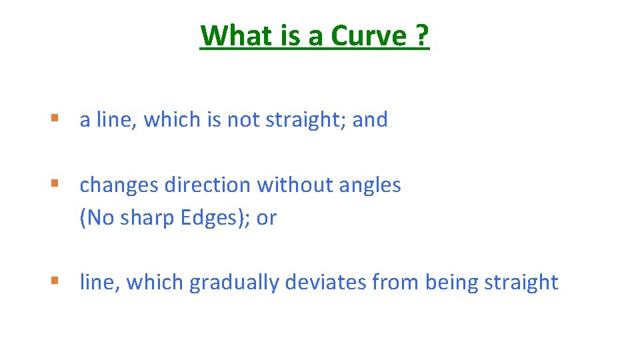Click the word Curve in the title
point(369,35)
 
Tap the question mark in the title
point(422,35)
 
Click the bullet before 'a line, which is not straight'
point(55,119)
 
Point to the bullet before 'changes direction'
point(55,185)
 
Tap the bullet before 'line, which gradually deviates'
point(55,282)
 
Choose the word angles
point(370,185)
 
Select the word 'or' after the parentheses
point(266,218)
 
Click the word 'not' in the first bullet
point(244,120)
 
